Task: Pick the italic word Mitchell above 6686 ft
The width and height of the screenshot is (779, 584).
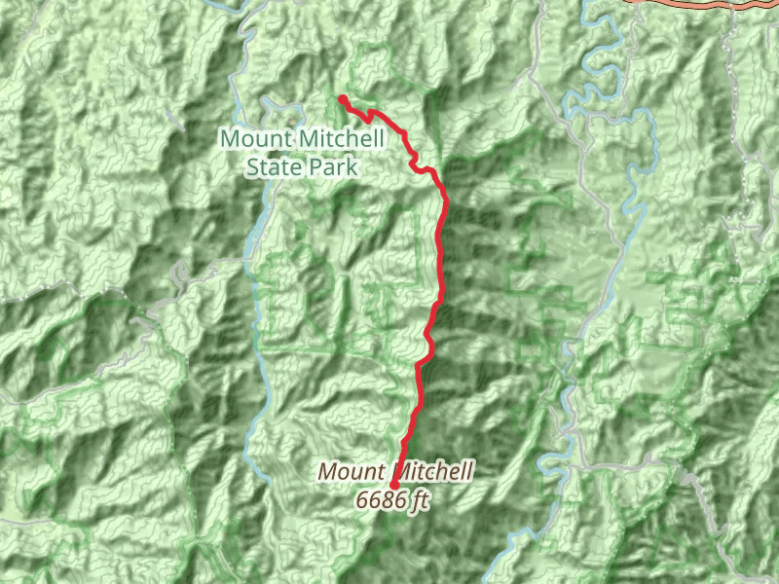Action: pos(435,473)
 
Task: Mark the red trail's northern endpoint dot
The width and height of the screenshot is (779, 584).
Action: pos(343,98)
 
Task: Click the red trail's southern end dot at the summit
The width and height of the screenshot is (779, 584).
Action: pos(394,485)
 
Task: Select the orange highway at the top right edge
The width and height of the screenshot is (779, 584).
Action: pos(682,4)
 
